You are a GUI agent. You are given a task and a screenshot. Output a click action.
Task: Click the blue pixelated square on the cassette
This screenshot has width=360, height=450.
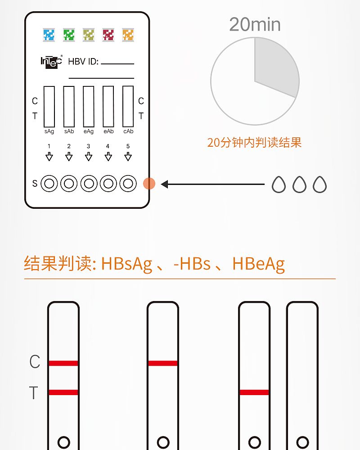coord(49,35)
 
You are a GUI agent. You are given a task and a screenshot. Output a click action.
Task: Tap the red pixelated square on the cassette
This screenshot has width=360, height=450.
coord(108,35)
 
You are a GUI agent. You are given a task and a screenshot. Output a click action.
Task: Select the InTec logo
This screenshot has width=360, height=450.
coord(51,62)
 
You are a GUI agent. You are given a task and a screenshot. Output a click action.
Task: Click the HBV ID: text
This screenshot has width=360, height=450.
coord(83,61)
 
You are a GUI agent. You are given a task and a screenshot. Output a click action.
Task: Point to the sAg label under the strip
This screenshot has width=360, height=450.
coord(49,131)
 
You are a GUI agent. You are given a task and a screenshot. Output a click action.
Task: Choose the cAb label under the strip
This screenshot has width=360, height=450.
coord(128,131)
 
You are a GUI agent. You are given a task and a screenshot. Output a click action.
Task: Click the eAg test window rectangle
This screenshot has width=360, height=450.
coord(88,107)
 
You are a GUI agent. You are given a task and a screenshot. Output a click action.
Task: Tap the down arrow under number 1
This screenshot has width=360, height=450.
coord(49,157)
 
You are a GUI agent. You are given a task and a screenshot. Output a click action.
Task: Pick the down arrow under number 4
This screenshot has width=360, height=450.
coord(108,157)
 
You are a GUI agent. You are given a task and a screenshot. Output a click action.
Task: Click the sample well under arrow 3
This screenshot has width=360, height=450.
coord(89,184)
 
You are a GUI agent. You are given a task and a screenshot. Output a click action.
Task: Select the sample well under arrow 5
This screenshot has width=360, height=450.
coord(128,184)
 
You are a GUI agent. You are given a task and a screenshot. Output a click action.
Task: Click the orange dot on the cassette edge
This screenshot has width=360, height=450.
coord(149,184)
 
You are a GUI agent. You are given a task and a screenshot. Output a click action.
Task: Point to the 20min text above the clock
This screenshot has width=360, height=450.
coord(255,24)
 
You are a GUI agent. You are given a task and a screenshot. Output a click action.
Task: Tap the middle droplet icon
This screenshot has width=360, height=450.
coord(299,184)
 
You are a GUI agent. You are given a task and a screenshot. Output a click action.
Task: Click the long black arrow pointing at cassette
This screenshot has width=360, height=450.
coord(212,184)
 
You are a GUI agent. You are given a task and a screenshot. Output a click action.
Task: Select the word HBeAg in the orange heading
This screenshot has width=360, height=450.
coord(258,264)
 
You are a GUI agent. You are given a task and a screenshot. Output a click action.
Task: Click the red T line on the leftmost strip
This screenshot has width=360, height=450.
coord(63,392)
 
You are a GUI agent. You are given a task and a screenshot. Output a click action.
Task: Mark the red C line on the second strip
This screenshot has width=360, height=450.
coord(163,363)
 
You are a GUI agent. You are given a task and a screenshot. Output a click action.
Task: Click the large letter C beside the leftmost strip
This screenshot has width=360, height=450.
coord(35,361)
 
